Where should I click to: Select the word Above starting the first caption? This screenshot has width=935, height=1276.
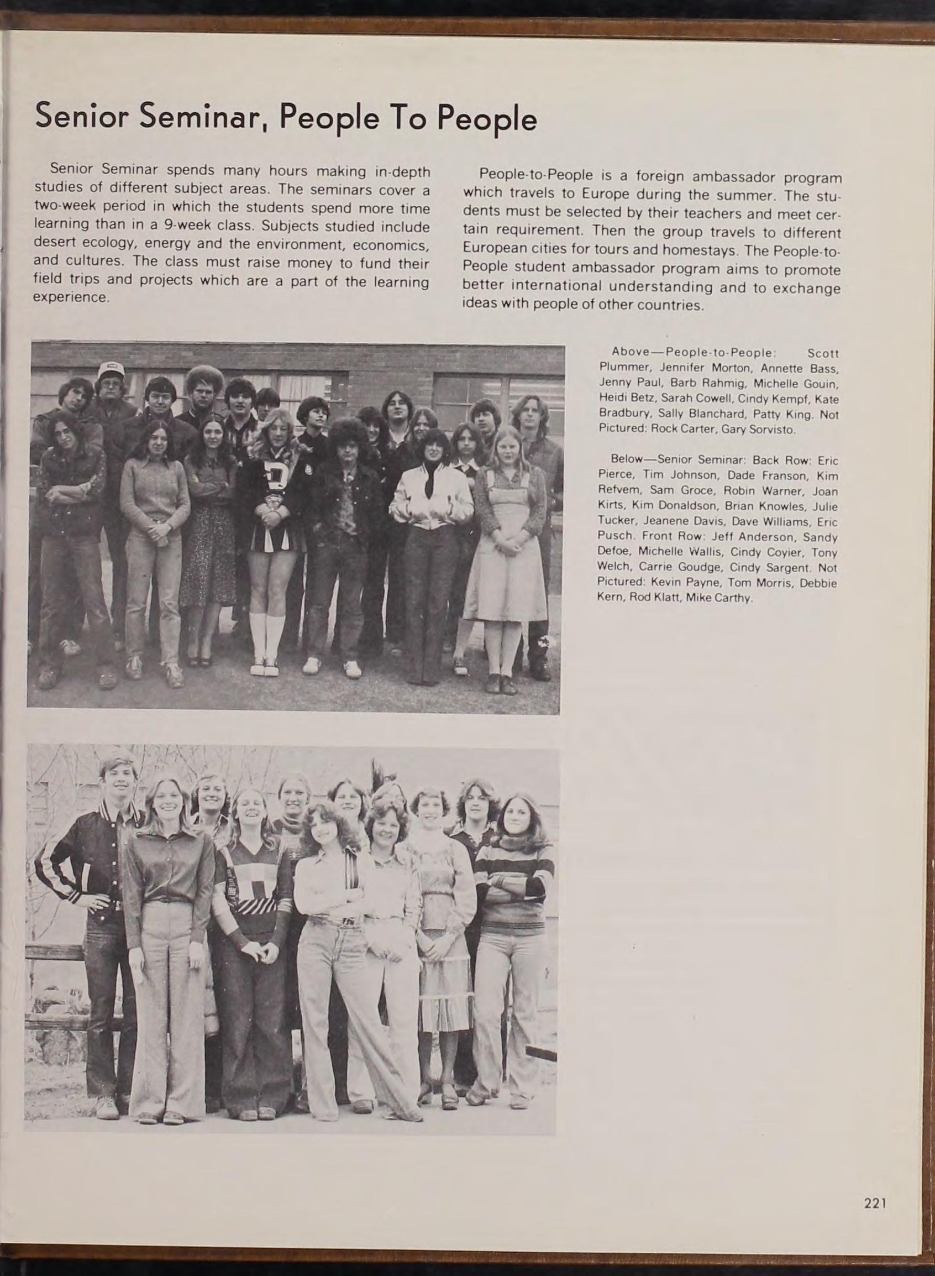(630, 353)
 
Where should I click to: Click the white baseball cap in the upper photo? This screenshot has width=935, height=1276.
(111, 372)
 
